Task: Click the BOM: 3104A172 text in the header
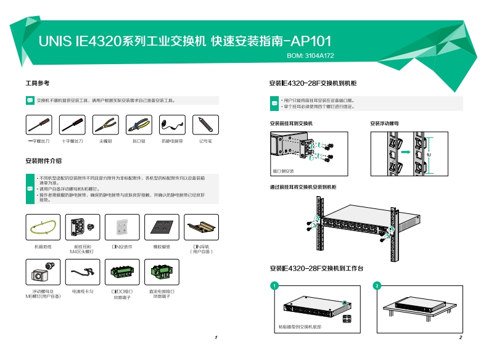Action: point(311,55)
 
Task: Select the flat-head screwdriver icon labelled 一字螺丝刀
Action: point(38,125)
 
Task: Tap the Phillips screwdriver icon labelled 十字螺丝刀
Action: point(72,125)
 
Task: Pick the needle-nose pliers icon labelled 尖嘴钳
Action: point(105,125)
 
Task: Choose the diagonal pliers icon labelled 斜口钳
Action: point(139,125)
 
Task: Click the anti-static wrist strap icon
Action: point(172,125)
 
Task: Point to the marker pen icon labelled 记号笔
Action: point(205,125)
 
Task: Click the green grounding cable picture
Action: point(43,227)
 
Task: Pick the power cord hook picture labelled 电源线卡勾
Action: point(82,271)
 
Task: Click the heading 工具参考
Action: point(37,83)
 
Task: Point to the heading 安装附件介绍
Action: point(43,161)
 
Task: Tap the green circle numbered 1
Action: point(274,285)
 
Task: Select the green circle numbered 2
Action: point(377,285)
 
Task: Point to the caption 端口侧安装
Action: point(283,171)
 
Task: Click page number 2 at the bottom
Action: point(461,338)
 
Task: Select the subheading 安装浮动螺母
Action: point(384,123)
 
